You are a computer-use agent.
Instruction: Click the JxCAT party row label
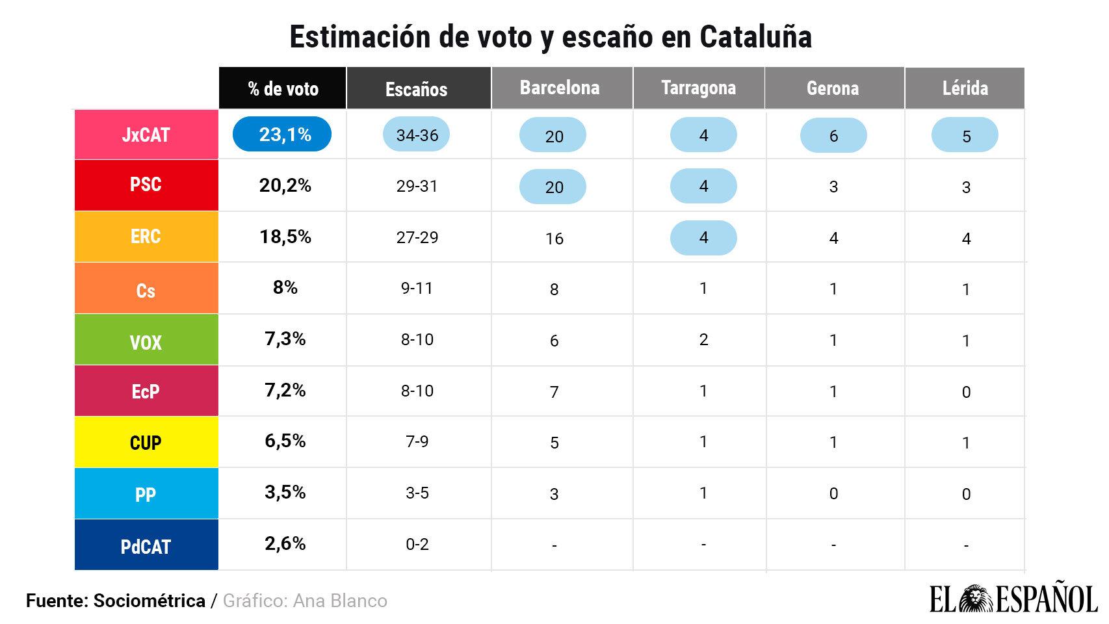tap(146, 135)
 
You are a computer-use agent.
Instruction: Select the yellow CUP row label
tap(146, 442)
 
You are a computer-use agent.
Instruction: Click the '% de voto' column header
tap(283, 88)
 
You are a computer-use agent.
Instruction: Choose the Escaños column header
tap(417, 89)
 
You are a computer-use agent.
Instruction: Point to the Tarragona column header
tap(698, 88)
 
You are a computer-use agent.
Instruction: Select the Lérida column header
tap(965, 88)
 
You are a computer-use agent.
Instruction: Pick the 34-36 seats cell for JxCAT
tap(417, 135)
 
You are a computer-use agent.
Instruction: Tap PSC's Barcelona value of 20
tap(553, 187)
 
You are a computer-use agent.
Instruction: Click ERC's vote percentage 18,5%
tap(285, 237)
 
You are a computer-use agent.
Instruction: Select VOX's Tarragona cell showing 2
tap(703, 339)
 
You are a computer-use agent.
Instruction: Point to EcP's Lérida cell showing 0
tap(966, 392)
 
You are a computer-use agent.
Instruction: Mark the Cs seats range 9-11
tap(417, 288)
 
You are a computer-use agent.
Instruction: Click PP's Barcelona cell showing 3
tap(554, 494)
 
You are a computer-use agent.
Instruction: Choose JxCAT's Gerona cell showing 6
tap(833, 136)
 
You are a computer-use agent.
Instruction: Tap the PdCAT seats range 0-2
tap(417, 544)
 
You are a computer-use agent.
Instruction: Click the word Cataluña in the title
tap(755, 37)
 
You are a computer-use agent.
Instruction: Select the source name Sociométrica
tap(150, 601)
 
